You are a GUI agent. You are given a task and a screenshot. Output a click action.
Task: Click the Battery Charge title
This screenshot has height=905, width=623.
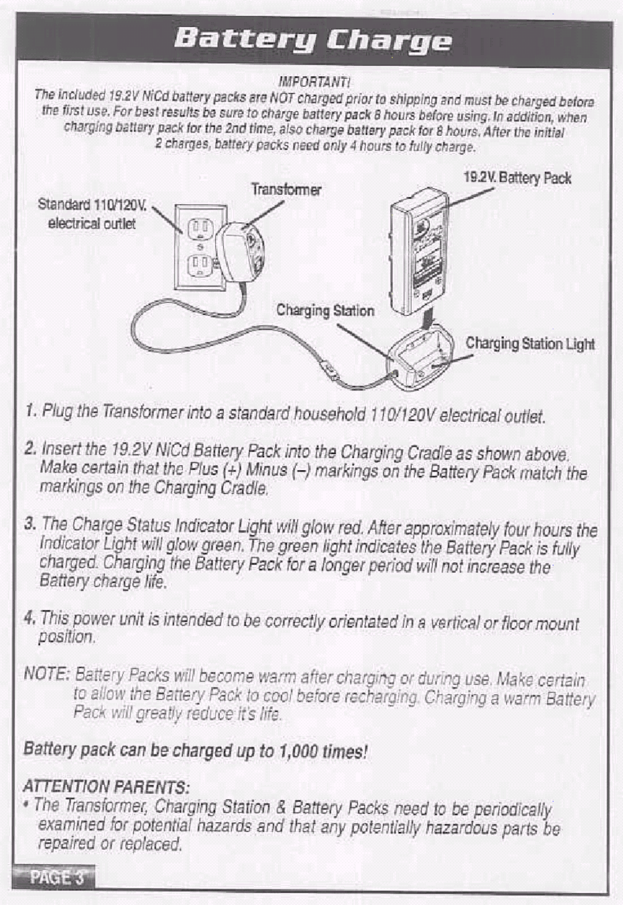click(312, 41)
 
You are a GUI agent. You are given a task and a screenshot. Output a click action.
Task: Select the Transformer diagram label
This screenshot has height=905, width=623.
click(286, 190)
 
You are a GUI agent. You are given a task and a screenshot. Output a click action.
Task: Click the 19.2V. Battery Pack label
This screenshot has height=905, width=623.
click(517, 178)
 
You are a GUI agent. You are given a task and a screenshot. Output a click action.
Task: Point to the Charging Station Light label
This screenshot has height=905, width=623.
click(530, 343)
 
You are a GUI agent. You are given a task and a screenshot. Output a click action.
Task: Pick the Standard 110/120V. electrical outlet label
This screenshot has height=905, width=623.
click(92, 214)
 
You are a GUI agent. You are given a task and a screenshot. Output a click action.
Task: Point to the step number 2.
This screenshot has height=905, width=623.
click(30, 448)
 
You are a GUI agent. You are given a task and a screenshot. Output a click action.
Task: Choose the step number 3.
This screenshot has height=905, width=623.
click(30, 524)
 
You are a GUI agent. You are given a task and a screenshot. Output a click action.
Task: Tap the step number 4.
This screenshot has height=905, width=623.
click(29, 618)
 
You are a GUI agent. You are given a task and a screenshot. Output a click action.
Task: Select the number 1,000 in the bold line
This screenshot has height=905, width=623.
click(298, 751)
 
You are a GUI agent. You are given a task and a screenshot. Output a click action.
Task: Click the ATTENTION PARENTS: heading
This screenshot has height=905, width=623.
click(107, 787)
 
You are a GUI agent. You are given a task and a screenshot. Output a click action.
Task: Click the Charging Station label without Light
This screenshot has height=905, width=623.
click(325, 310)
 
